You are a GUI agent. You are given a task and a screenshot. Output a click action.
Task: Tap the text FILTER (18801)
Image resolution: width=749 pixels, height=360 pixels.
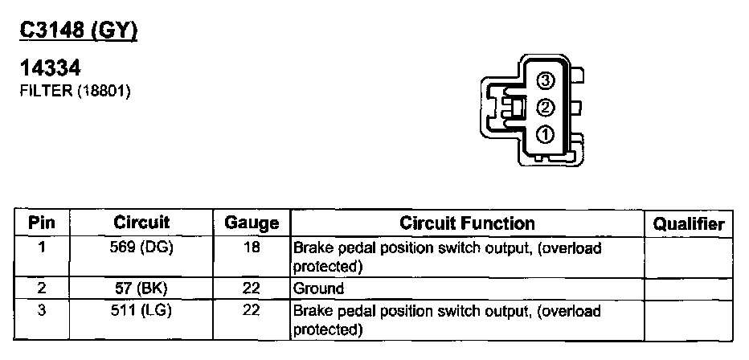pyautogui.click(x=74, y=91)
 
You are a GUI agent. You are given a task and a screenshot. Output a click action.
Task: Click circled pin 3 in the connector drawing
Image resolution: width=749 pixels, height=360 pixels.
pyautogui.click(x=546, y=80)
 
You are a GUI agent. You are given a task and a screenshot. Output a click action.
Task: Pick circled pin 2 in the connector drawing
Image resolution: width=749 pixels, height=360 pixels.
pyautogui.click(x=546, y=107)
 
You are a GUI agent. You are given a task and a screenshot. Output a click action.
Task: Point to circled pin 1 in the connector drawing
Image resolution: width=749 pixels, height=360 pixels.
pyautogui.click(x=546, y=133)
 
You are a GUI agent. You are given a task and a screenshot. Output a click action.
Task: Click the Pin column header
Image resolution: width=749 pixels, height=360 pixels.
pyautogui.click(x=42, y=223)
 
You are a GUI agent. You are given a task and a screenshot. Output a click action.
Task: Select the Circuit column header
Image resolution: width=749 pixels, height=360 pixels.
pyautogui.click(x=141, y=223)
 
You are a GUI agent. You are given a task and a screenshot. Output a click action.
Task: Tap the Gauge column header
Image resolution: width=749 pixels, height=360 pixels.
pyautogui.click(x=252, y=223)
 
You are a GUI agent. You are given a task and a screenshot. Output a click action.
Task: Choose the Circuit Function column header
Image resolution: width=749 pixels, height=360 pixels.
pyautogui.click(x=467, y=223)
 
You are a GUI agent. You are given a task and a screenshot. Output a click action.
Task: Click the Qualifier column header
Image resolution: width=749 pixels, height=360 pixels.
pyautogui.click(x=689, y=224)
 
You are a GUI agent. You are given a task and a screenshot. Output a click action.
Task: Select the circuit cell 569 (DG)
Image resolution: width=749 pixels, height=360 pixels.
pyautogui.click(x=141, y=248)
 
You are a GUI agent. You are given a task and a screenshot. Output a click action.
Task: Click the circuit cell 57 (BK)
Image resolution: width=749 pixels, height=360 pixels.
pyautogui.click(x=141, y=288)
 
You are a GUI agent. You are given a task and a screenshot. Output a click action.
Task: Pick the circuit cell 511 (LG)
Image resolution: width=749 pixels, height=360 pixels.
pyautogui.click(x=141, y=310)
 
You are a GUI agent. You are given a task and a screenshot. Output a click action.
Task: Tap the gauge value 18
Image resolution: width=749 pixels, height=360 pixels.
pyautogui.click(x=252, y=248)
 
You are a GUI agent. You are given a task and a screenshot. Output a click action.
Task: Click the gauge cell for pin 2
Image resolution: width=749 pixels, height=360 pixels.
pyautogui.click(x=252, y=288)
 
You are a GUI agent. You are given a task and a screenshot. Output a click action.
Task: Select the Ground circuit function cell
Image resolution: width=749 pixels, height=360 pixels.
pyautogui.click(x=318, y=288)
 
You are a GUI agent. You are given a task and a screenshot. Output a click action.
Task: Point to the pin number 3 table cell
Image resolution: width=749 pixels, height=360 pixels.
pyautogui.click(x=42, y=310)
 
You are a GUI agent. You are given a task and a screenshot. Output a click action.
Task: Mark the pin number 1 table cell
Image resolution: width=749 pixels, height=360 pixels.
pyautogui.click(x=42, y=248)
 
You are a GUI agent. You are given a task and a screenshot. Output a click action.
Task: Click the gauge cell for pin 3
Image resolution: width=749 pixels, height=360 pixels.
pyautogui.click(x=252, y=310)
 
